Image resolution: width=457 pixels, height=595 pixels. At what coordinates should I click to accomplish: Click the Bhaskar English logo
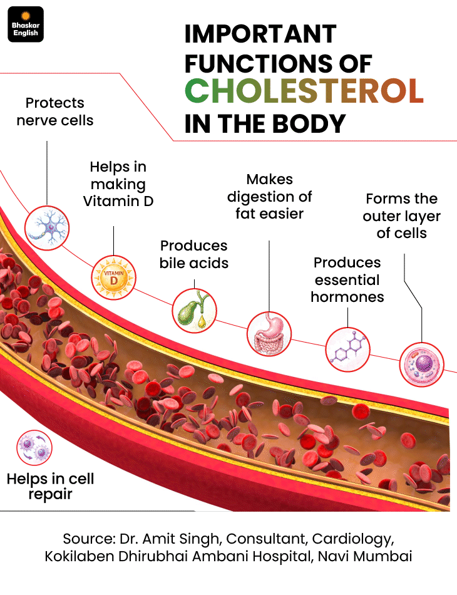[x=26, y=24]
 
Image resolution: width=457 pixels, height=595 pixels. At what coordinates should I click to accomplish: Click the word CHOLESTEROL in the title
[x=304, y=91]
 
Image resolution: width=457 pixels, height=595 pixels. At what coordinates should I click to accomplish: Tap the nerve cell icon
[x=47, y=228]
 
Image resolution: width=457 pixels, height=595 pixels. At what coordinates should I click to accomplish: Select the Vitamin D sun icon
[x=113, y=277]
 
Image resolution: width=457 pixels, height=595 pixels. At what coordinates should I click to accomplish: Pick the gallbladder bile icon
[x=195, y=311]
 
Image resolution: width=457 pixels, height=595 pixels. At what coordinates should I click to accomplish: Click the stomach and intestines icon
[x=269, y=334]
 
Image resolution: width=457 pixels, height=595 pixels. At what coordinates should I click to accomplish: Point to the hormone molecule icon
[x=347, y=349]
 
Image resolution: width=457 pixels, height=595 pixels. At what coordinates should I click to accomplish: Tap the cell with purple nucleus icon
[x=421, y=365]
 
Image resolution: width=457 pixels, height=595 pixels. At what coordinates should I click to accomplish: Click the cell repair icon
[x=34, y=448]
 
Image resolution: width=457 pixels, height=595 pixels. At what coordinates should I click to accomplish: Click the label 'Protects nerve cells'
[x=55, y=111]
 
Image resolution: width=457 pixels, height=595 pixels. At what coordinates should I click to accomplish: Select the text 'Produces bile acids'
[x=194, y=254]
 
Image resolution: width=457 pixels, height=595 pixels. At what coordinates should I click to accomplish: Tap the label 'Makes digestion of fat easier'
[x=269, y=197]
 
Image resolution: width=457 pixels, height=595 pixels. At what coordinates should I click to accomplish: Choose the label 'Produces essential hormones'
[x=347, y=280]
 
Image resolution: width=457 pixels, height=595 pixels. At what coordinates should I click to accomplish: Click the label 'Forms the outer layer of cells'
[x=402, y=216]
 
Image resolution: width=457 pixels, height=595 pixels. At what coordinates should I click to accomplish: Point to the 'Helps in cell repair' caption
[x=51, y=487]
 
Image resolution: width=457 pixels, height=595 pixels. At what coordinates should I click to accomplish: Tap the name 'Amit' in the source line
[x=160, y=539]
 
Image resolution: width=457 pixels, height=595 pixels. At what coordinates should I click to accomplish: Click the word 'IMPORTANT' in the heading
[x=260, y=34]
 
